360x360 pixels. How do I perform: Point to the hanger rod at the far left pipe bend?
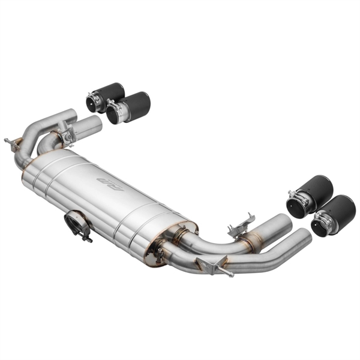pos(10,143)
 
